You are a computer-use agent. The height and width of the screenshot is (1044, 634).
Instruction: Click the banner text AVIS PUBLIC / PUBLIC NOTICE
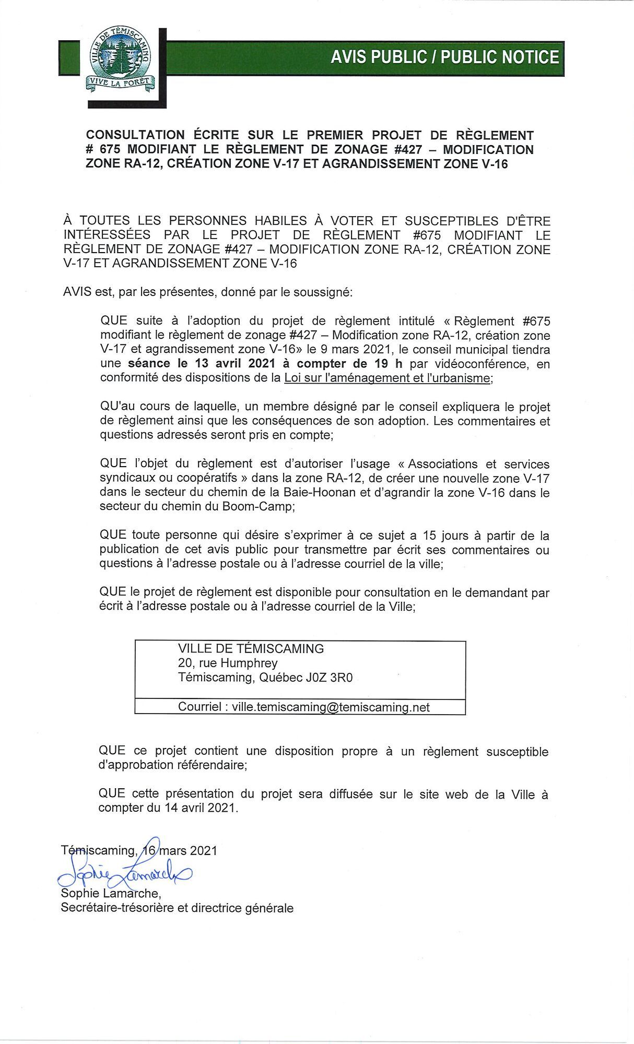coord(444,57)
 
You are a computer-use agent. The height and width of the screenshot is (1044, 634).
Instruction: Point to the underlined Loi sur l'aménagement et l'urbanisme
coord(387,378)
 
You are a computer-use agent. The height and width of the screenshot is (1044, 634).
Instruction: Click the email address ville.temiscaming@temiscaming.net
coord(331,707)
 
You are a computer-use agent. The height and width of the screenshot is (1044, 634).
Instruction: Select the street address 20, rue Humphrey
coord(228,663)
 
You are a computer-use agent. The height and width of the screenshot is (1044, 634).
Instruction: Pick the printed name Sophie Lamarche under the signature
coord(110,894)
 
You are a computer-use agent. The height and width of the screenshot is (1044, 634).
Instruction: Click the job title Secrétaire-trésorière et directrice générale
coord(177,908)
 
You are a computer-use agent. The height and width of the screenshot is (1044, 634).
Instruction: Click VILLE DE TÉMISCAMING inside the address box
coord(251,648)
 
